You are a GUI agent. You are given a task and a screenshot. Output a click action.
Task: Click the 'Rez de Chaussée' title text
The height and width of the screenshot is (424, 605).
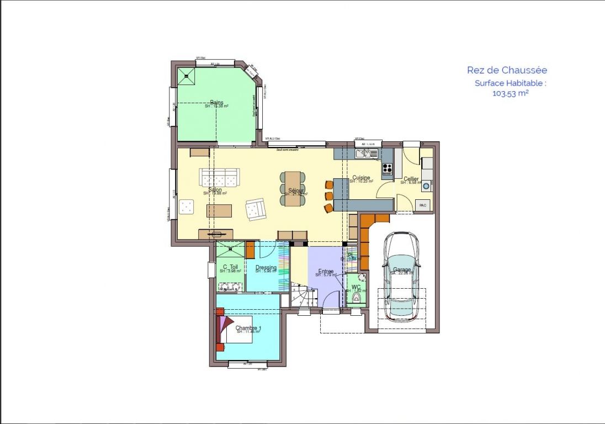coord(507,70)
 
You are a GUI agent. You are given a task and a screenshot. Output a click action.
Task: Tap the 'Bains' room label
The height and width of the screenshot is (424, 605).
coord(216,102)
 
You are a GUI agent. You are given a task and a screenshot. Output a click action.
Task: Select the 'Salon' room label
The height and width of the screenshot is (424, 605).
coord(215,189)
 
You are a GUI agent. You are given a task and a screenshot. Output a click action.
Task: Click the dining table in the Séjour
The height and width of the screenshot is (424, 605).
coord(293,188)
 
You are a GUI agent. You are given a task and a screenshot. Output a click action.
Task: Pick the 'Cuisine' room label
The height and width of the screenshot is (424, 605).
coord(361,178)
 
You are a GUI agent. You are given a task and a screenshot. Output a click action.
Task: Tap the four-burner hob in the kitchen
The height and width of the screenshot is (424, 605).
coord(388,167)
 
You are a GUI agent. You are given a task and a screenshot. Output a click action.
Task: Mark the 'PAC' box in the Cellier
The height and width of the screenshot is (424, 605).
coord(423,205)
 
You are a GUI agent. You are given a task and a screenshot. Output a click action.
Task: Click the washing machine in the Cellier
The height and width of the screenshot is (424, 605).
coord(426,186)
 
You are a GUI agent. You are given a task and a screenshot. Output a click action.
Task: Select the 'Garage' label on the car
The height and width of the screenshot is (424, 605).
coord(401,269)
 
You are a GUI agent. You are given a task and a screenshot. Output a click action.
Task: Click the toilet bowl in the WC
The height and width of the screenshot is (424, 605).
coord(358,298)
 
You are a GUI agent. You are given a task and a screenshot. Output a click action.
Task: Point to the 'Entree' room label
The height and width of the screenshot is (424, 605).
coord(326,271)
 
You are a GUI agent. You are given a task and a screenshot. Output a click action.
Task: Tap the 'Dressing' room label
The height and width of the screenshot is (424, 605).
coord(266,268)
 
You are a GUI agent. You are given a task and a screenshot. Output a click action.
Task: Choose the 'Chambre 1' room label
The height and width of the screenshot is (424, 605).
coord(248,328)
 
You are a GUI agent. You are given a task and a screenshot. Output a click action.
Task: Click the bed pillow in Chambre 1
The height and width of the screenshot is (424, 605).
coord(227,330)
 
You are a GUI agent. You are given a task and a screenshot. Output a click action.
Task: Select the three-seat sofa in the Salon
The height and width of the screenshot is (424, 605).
coord(220,177)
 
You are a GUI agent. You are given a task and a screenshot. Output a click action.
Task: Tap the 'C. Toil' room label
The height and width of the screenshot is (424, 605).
coord(230,267)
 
